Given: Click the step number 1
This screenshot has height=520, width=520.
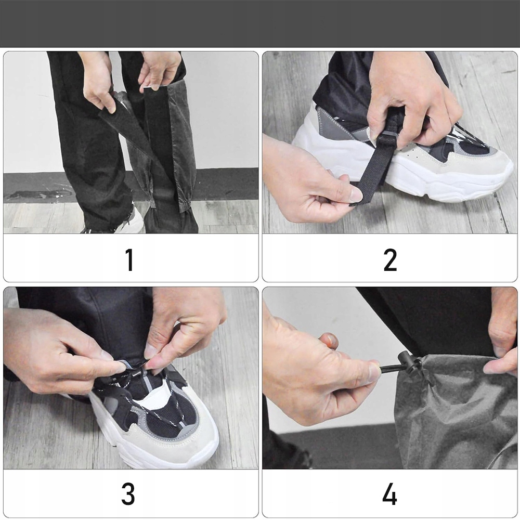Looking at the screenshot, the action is [x=129, y=259].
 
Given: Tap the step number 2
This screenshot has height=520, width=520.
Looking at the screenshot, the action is [x=390, y=259].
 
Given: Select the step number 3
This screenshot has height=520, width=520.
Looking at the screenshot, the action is [x=128, y=494].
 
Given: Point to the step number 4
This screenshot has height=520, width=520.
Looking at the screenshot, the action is [x=389, y=494].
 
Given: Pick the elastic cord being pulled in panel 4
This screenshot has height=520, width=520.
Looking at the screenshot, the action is [x=389, y=368].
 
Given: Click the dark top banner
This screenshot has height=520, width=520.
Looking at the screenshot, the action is [x=260, y=23].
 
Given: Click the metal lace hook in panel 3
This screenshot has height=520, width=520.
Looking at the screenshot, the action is [x=135, y=374].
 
